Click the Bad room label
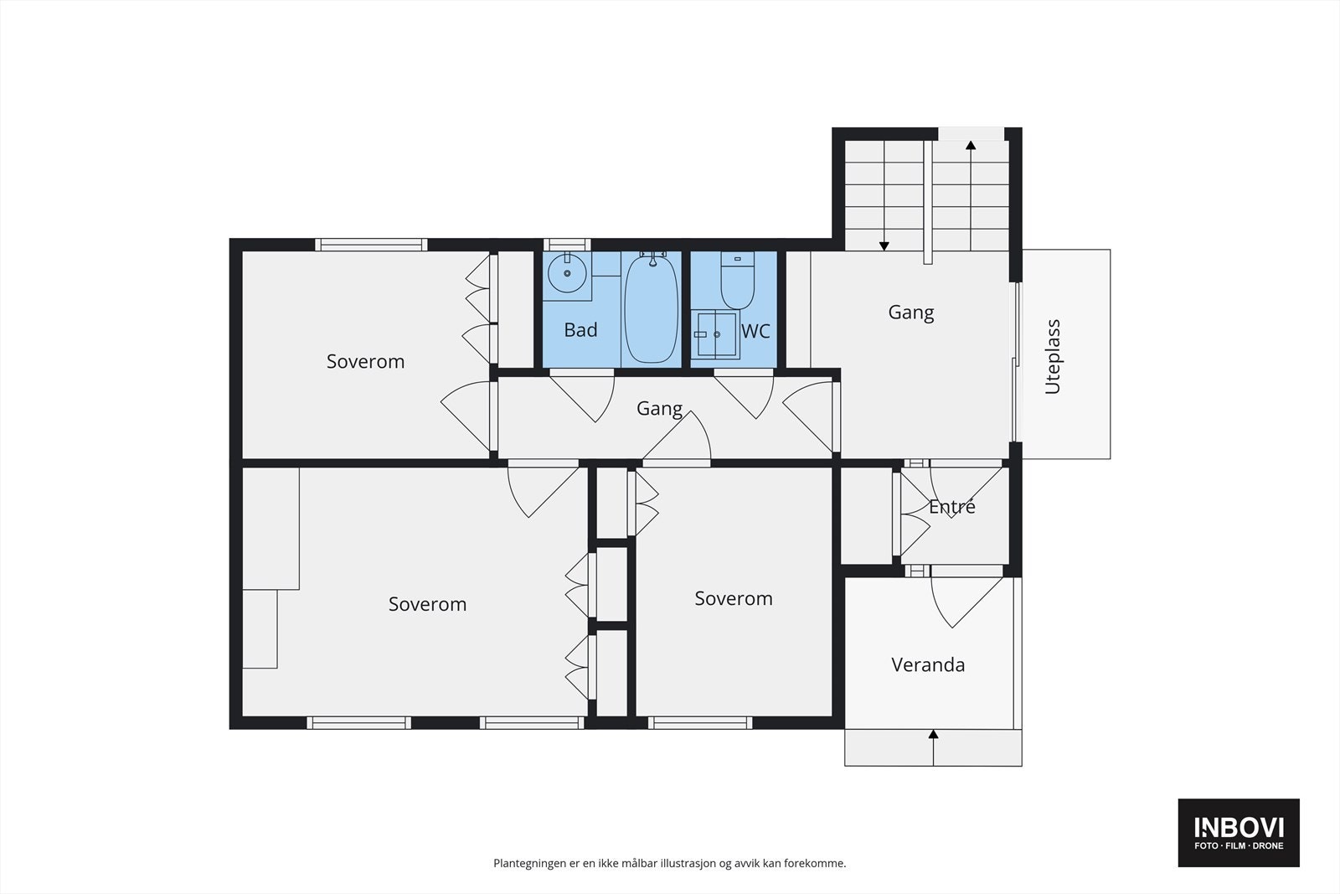coord(580,330)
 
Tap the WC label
coord(755,331)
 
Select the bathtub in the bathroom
coord(651,309)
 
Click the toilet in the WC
coord(737,282)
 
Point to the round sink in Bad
coord(566,273)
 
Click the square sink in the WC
coord(716,334)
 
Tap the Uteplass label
coord(1053,356)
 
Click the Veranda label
coord(928,665)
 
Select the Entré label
coord(952,507)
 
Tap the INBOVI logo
coord(1239,832)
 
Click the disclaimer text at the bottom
coord(669,863)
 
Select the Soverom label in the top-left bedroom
coord(365,362)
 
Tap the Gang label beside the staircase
coord(910,313)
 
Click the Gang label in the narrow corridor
coord(659,409)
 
